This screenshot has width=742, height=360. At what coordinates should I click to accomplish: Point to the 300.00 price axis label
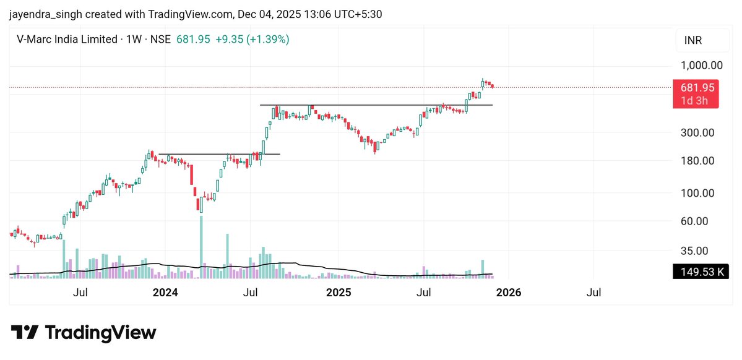(x=702, y=133)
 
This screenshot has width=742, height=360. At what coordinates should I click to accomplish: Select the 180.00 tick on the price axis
(x=702, y=161)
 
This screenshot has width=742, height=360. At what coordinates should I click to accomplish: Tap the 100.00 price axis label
(x=702, y=193)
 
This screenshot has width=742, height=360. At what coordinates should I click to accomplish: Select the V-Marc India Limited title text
(x=67, y=39)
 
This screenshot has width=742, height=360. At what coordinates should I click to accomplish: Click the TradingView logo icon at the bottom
(x=25, y=333)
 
